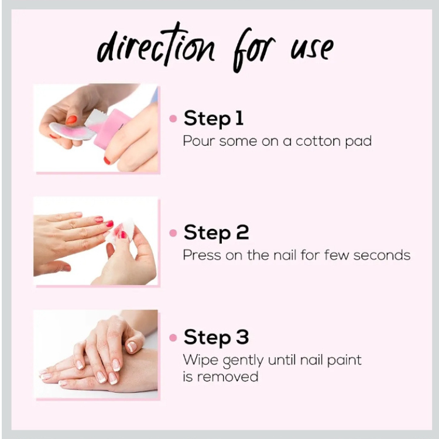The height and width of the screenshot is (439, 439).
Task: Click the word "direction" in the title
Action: (156, 45)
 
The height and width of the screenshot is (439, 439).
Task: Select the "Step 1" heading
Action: (213, 119)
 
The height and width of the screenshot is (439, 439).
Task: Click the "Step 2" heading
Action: (216, 233)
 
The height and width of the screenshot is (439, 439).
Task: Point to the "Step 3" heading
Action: (216, 338)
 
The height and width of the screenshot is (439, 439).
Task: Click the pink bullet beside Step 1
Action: (173, 119)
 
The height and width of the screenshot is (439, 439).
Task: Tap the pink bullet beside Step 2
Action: (173, 233)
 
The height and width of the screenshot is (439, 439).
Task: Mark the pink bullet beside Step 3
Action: (173, 338)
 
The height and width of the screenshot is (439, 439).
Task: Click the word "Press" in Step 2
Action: (202, 255)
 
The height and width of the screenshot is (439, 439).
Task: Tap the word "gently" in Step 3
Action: (243, 361)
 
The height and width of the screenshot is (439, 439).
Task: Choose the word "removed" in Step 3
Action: (228, 377)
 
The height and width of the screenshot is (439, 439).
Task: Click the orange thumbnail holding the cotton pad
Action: (71, 120)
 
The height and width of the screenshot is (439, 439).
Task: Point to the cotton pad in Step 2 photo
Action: (121, 231)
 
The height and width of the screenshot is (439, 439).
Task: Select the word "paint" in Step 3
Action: (344, 361)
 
